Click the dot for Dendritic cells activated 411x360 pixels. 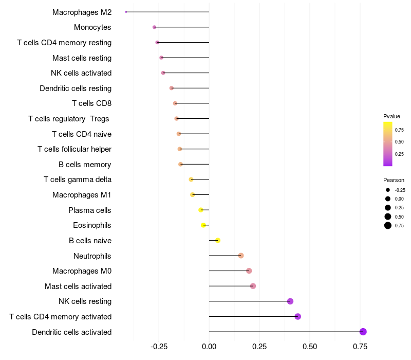[363, 332]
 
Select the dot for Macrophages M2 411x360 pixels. [126, 12]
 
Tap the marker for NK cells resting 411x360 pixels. [290, 301]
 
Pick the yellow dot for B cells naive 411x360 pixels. [218, 240]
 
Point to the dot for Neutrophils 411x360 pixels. [241, 256]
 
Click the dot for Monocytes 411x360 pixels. [154, 27]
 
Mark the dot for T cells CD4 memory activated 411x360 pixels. [298, 316]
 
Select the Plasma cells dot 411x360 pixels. [201, 210]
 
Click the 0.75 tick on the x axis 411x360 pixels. [360, 347]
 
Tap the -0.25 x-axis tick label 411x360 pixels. [158, 347]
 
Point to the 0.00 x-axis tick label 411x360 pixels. [209, 347]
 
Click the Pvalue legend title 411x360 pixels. [391, 116]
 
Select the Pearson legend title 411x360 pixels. [394, 180]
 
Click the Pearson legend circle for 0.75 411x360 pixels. [388, 225]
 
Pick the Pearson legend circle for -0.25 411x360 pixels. [388, 190]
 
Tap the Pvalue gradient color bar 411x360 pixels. [388, 144]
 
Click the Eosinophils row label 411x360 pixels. [92, 225]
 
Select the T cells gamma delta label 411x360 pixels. [78, 179]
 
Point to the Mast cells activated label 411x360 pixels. [78, 286]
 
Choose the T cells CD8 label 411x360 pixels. [91, 103]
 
